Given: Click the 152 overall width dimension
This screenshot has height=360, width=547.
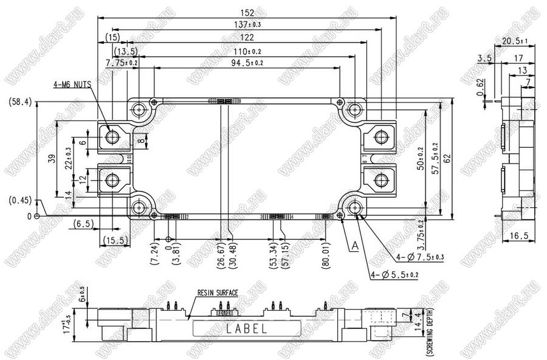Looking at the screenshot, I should pos(247,13).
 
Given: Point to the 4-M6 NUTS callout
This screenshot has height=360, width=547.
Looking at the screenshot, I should pos(71,86).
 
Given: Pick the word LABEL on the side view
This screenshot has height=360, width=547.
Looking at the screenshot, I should pos(246,329).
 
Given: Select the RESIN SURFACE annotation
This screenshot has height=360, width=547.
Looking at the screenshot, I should pos(218,292).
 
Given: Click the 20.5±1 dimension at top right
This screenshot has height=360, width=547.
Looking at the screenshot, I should pos(515,41).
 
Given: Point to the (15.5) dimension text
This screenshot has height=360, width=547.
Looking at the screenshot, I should pos(114,240).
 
